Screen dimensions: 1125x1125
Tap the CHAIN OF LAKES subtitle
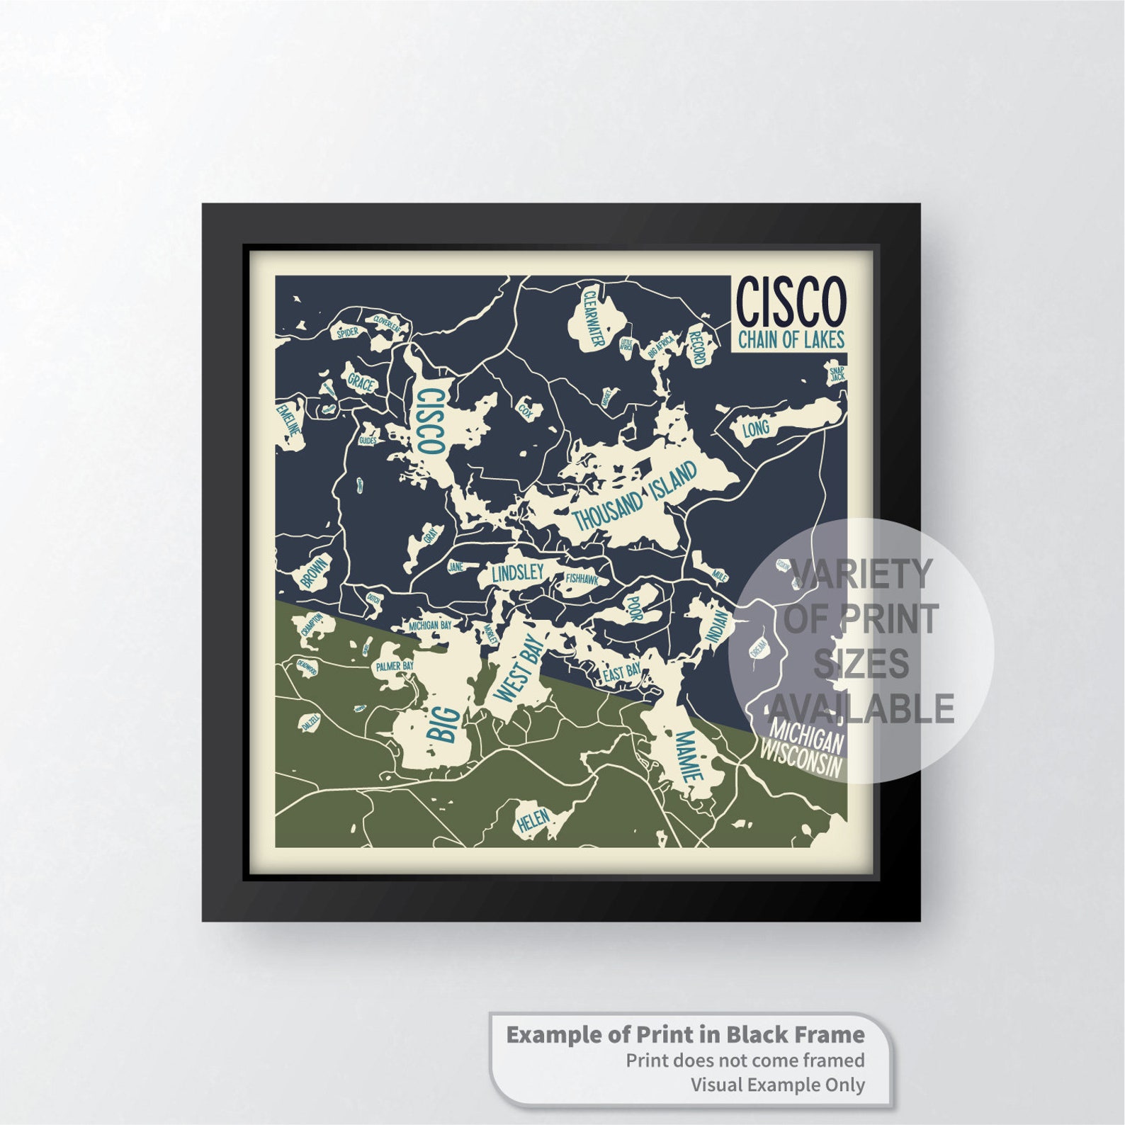[x=791, y=340]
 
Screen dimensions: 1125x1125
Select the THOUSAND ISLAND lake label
[x=635, y=495]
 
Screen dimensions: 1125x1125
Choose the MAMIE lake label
[x=686, y=755]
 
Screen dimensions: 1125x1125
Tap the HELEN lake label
[x=533, y=820]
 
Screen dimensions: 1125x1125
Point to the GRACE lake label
[x=361, y=383]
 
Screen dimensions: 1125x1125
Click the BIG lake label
[x=441, y=720]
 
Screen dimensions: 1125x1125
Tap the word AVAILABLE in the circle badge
[x=861, y=708]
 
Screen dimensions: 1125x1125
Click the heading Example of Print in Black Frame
[x=685, y=1034]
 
